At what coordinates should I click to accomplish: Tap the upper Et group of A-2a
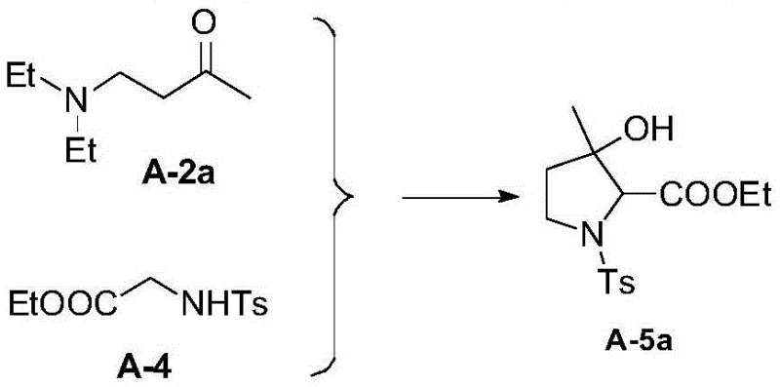[x=25, y=74]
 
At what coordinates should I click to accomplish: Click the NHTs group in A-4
[x=226, y=311]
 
